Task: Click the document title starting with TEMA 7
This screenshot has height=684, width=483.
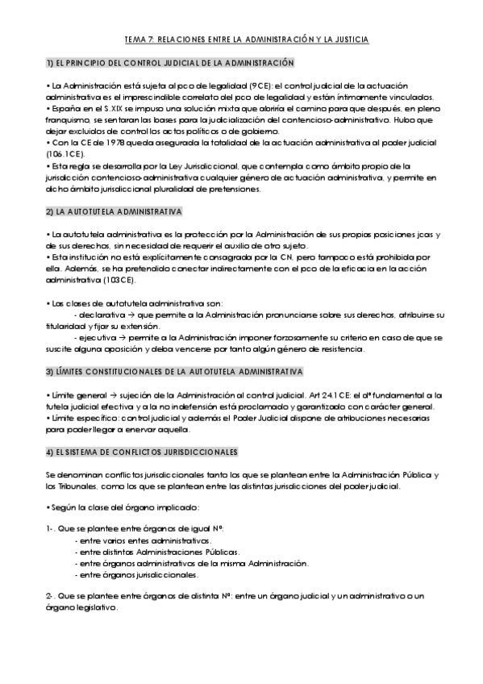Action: (241, 39)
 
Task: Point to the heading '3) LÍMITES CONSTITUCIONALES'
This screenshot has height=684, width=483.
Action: (174, 372)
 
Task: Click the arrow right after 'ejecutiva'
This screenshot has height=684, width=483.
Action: (123, 337)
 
